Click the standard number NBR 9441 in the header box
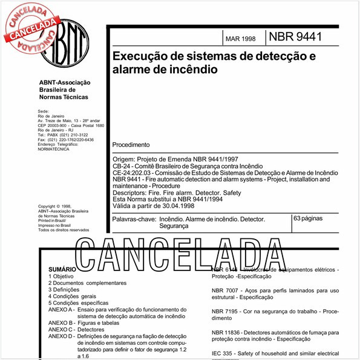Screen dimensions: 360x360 pyautogui.click(x=295, y=36)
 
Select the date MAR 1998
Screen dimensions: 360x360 pyautogui.click(x=240, y=39)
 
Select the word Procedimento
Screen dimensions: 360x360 pyautogui.click(x=131, y=145)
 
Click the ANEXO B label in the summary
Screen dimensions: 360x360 pyautogui.click(x=61, y=324)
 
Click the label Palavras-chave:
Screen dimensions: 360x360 pyautogui.click(x=133, y=218)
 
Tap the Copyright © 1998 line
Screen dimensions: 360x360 pyautogui.click(x=54, y=206)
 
